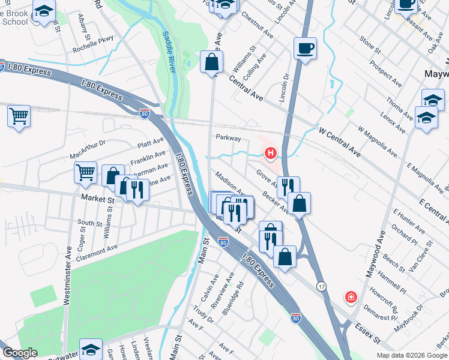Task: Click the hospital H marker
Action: point(270,154)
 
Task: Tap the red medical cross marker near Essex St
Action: point(350,296)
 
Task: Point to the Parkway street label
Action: point(228,137)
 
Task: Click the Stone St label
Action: point(370,46)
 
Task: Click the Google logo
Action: point(20,353)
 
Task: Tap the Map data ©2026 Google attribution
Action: point(411,355)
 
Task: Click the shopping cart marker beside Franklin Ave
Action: point(86,173)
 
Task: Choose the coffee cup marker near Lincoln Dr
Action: point(305,48)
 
